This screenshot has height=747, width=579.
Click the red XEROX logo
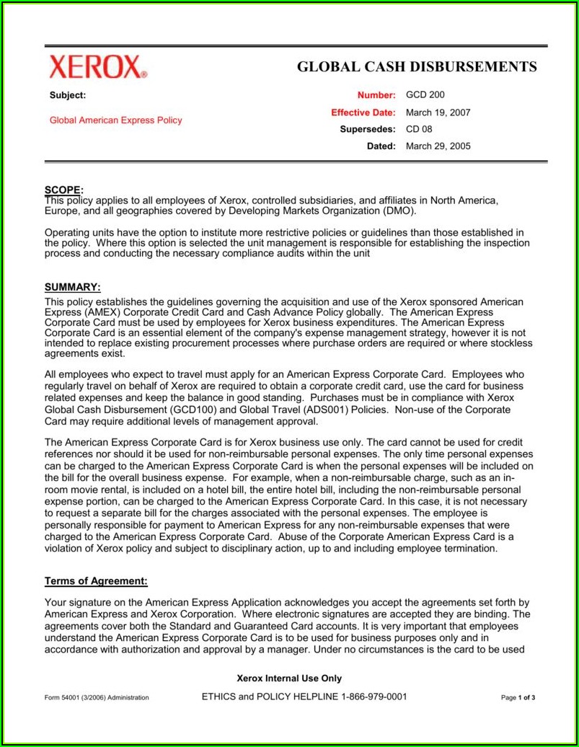(97, 67)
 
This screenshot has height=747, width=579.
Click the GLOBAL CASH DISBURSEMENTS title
(417, 67)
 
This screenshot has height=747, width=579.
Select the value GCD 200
(425, 94)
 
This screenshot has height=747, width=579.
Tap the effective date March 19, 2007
(438, 112)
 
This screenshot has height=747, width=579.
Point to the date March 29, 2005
(438, 146)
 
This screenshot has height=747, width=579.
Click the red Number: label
(376, 95)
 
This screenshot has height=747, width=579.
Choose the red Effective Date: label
(363, 112)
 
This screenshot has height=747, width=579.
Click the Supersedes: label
(368, 129)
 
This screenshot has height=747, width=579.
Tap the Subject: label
(68, 95)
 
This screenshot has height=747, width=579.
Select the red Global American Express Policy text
(115, 120)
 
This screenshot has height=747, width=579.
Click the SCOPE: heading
(64, 190)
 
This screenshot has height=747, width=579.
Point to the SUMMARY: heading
(72, 286)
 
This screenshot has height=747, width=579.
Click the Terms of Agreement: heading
(96, 581)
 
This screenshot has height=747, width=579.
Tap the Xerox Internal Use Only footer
(289, 679)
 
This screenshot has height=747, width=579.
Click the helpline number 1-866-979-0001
(366, 697)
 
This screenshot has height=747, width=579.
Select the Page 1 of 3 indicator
(518, 698)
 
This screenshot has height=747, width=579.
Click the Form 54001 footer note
(97, 698)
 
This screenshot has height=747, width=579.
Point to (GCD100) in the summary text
(163, 410)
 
